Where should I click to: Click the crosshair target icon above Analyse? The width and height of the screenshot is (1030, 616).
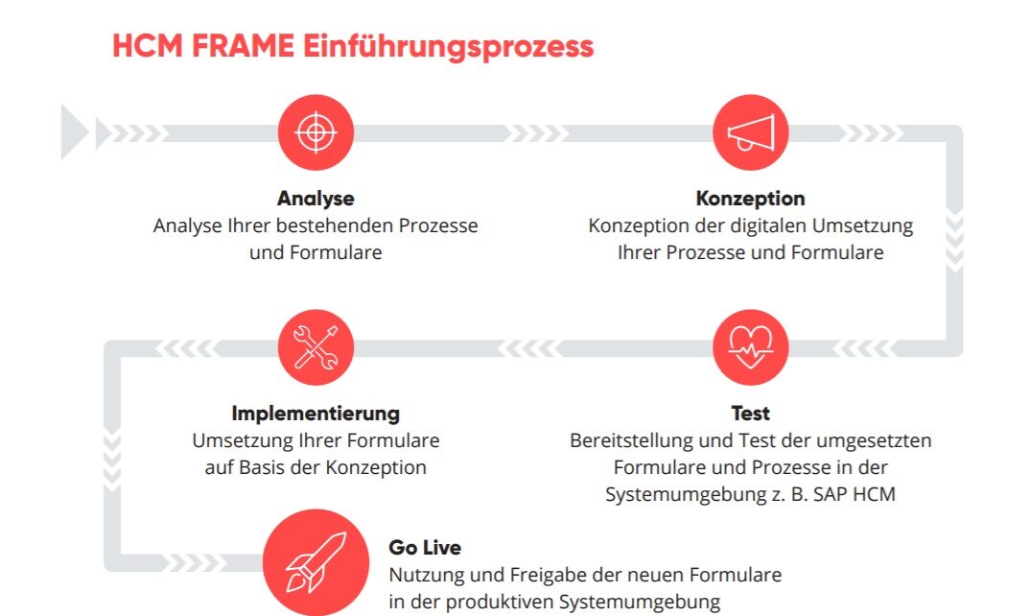[x=316, y=132]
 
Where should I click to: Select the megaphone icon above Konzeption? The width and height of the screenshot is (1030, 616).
[x=750, y=132]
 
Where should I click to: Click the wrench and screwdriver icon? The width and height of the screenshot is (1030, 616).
[x=316, y=346]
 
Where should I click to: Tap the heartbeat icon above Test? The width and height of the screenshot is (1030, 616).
[x=750, y=346]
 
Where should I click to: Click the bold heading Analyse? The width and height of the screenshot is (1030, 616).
[x=316, y=199]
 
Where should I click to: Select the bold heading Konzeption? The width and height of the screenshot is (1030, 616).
[x=750, y=199]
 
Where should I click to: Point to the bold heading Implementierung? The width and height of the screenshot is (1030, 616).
[x=316, y=414]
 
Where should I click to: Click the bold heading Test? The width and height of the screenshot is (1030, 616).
[x=750, y=414]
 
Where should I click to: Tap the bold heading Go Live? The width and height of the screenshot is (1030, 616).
[x=425, y=548]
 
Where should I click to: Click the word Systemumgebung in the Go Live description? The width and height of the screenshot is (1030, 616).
[x=653, y=603]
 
